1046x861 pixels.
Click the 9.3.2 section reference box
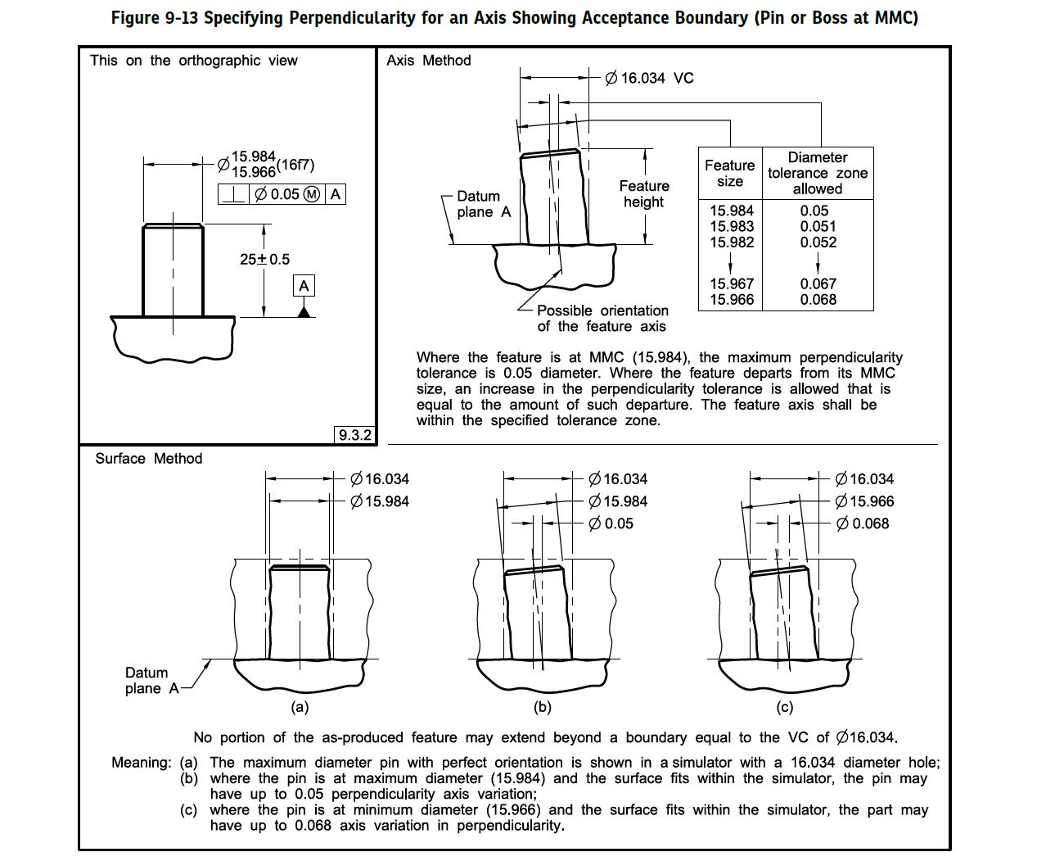pyautogui.click(x=355, y=435)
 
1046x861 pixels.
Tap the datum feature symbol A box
pyautogui.click(x=304, y=286)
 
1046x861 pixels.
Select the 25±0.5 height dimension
pyautogui.click(x=264, y=260)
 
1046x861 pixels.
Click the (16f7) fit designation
pyautogui.click(x=295, y=165)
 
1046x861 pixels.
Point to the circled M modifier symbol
pyautogui.click(x=312, y=194)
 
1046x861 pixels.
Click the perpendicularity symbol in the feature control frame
pyautogui.click(x=234, y=194)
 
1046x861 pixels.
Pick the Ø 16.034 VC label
pyautogui.click(x=649, y=78)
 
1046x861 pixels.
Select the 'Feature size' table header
pyautogui.click(x=729, y=173)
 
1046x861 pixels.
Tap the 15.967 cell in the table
pyautogui.click(x=732, y=283)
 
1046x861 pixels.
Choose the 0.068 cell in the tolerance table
pyautogui.click(x=818, y=299)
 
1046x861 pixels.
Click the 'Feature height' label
pyautogui.click(x=644, y=194)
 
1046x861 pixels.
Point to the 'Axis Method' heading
pyautogui.click(x=429, y=61)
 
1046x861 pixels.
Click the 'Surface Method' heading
pyautogui.click(x=148, y=459)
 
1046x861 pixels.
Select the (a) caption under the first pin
pyautogui.click(x=300, y=707)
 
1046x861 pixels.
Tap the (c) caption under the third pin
pyautogui.click(x=783, y=707)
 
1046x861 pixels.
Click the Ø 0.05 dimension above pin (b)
pyautogui.click(x=611, y=523)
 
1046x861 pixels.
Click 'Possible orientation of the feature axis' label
pyautogui.click(x=602, y=319)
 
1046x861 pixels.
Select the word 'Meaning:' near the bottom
pyautogui.click(x=141, y=763)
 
